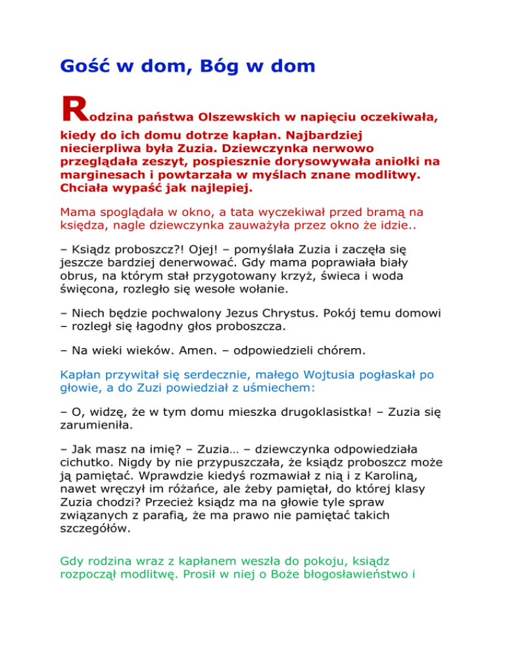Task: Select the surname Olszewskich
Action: [233, 117]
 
